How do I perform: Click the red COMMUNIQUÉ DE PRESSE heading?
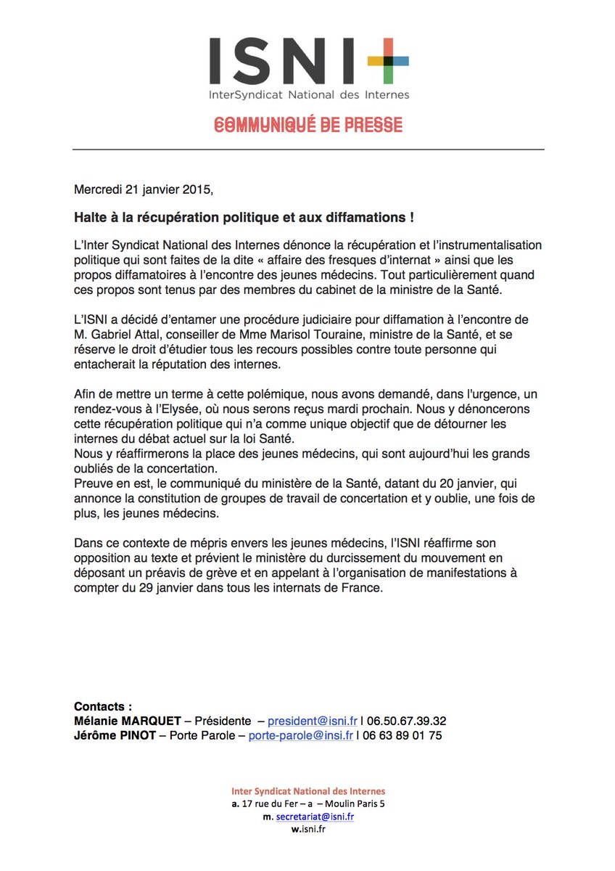[x=308, y=125]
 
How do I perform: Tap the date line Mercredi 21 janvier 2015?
[x=144, y=190]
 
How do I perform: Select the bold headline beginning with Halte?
[x=244, y=218]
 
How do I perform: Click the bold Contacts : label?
[x=103, y=706]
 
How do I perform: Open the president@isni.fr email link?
[x=313, y=721]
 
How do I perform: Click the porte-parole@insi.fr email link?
[x=300, y=735]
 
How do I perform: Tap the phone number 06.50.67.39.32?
[x=407, y=721]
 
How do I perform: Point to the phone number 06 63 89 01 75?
[x=402, y=735]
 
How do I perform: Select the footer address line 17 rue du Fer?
[x=307, y=803]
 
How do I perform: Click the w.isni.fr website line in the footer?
[x=307, y=830]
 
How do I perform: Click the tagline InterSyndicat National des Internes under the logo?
[x=308, y=94]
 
